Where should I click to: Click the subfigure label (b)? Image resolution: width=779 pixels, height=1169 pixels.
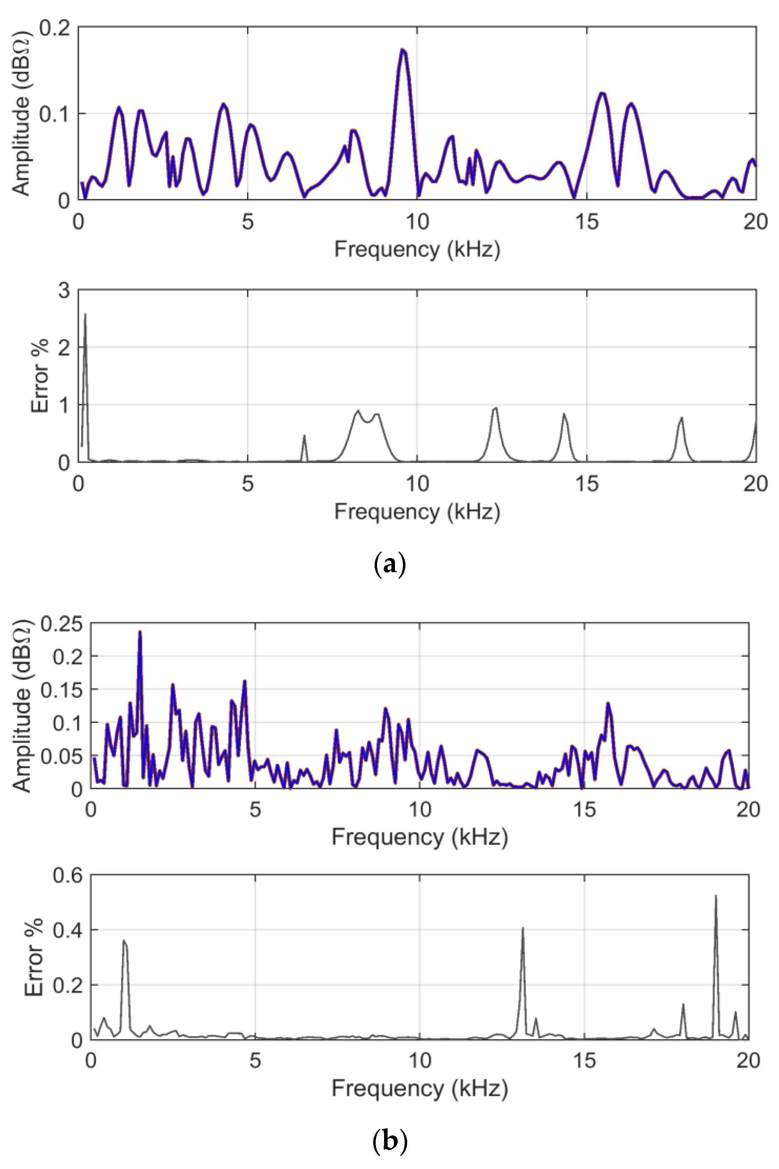389,1141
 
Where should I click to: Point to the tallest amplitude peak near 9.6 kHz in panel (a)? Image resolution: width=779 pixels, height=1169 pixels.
403,50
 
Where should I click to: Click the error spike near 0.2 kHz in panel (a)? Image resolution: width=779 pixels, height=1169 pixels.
85,315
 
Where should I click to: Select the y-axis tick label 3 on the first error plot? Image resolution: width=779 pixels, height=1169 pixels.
64,290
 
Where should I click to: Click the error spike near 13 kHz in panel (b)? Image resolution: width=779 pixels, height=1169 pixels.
523,928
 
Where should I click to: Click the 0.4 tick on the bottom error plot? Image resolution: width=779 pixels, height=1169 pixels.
68,930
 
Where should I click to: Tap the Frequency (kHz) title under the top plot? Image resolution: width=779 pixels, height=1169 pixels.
417,249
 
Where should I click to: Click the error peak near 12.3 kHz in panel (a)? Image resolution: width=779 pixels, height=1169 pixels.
495,408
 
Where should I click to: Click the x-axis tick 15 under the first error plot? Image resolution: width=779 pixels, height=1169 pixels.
587,484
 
